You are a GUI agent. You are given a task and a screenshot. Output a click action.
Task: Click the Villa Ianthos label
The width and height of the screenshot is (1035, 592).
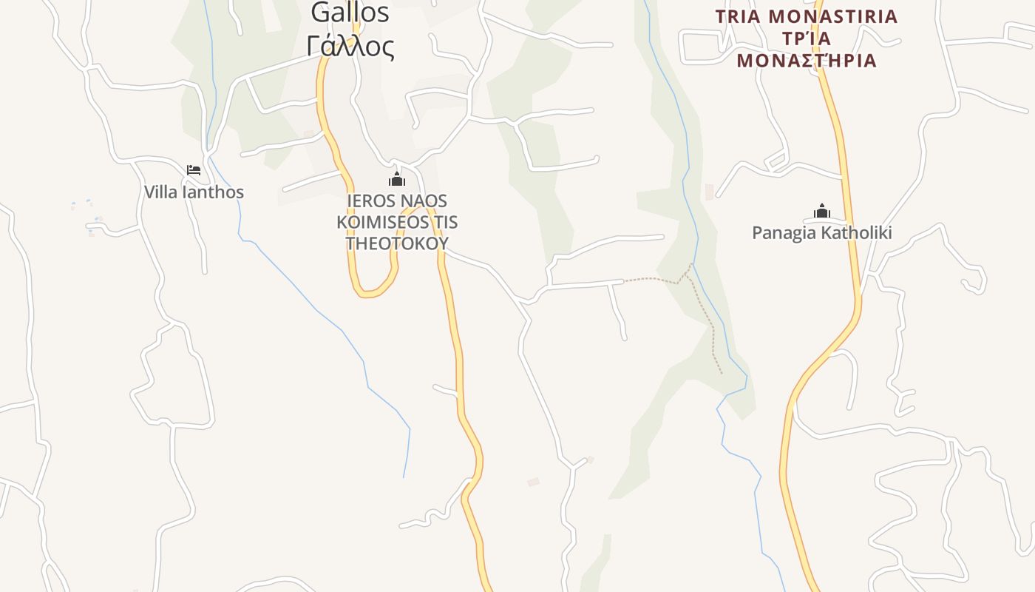coord(194,192)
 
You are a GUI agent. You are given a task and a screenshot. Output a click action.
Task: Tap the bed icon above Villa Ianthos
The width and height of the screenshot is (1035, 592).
coord(194,170)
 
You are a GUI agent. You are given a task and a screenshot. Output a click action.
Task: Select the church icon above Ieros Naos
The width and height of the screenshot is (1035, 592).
coord(397,179)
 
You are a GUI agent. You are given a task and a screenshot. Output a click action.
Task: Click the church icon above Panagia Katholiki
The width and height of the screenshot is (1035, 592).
coord(821,212)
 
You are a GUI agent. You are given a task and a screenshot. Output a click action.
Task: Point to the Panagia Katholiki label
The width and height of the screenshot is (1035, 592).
coord(821,233)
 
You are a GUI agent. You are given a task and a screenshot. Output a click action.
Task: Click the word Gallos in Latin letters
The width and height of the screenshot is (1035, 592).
coord(350,13)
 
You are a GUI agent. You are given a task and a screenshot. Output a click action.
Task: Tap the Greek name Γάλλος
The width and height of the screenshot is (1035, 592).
coord(350,47)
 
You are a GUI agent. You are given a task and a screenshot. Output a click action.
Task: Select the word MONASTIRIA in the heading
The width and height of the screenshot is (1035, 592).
coord(833,16)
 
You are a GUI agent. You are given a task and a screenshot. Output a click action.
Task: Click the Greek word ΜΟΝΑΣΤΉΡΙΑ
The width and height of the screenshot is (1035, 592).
coord(807,61)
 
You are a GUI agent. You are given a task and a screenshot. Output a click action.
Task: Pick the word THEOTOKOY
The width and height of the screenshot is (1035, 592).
coord(397,243)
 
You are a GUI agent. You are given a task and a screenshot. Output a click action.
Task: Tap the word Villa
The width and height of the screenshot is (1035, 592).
coord(159,192)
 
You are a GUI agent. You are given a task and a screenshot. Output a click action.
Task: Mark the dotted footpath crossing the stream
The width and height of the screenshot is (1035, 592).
coord(688,272)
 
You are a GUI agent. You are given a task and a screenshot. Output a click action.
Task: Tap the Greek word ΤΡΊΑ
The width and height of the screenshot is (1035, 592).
coord(806,38)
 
